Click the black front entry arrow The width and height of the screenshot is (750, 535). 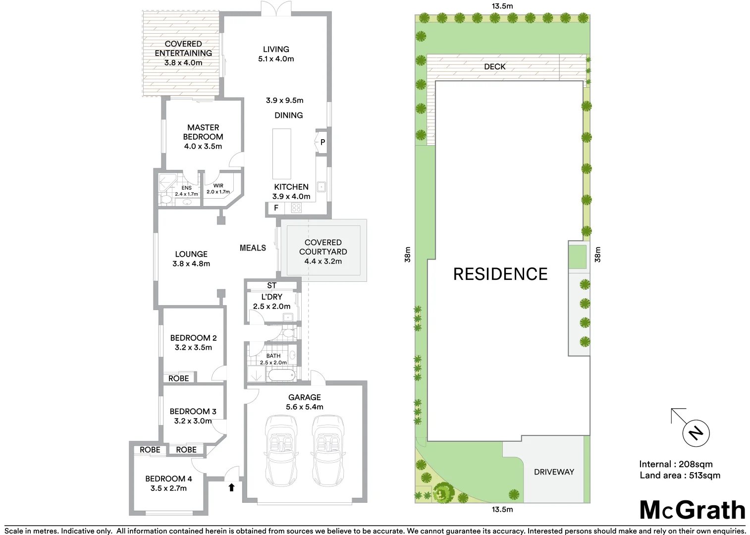click(231, 487)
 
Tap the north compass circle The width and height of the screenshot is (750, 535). click(696, 433)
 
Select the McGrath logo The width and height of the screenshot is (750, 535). click(692, 510)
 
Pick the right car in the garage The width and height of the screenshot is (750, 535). click(327, 451)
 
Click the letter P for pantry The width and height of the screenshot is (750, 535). click(322, 143)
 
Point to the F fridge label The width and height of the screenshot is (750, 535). click(276, 209)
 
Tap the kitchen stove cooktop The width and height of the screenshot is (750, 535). click(296, 208)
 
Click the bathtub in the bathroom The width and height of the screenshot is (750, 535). click(281, 375)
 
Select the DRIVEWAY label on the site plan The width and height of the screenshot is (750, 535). click(554, 472)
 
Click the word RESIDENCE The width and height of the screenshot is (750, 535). click(500, 274)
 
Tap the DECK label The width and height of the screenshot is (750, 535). click(494, 66)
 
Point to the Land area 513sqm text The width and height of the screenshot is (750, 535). click(680, 476)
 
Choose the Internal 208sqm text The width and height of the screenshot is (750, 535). click(676, 464)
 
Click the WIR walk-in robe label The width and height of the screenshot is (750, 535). click(218, 186)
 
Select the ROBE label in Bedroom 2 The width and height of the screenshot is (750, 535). click(178, 378)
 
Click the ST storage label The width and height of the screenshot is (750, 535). click(271, 286)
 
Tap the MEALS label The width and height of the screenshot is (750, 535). click(253, 248)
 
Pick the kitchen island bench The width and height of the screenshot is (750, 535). click(282, 154)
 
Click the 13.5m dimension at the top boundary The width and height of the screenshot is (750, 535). click(502, 6)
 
